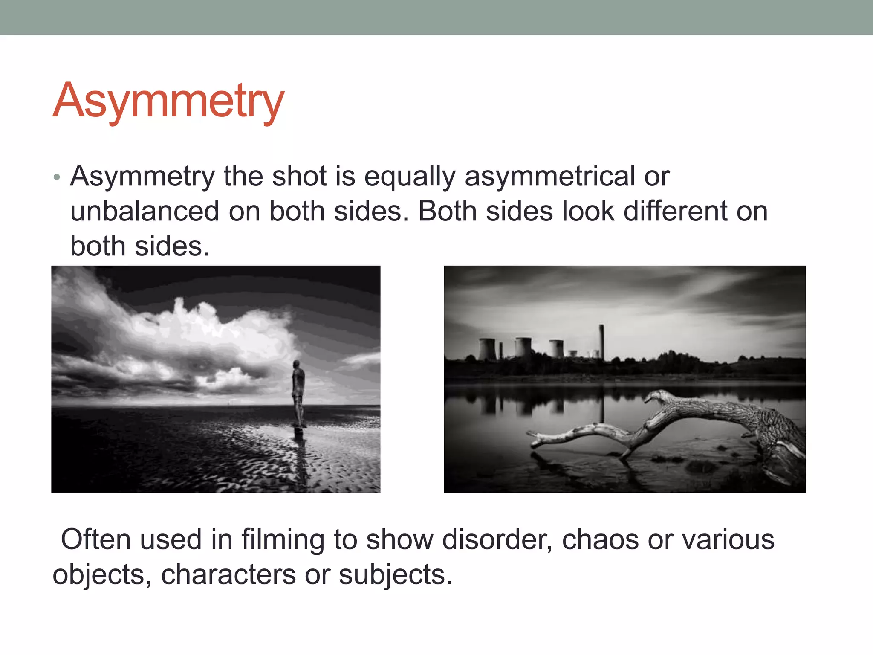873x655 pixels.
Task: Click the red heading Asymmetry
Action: tap(168, 101)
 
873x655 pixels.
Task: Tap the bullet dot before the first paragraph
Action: tap(57, 177)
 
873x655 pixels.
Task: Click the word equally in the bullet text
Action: tap(410, 177)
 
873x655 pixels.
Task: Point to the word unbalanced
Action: tap(145, 211)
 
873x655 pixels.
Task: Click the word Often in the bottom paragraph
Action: tap(95, 539)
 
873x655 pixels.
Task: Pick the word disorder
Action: tap(497, 539)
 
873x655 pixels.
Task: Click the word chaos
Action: tap(600, 539)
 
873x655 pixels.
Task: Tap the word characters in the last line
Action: tap(228, 574)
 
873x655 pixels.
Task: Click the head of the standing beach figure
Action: tap(296, 364)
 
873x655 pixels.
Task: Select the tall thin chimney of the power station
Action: tap(601, 341)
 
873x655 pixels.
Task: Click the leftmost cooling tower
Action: tap(487, 349)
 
